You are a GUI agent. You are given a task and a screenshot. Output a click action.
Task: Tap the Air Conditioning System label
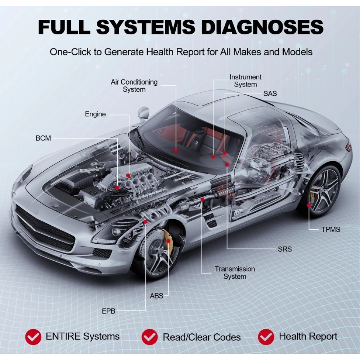tap(134, 85)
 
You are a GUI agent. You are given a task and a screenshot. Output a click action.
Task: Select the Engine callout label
tap(95, 114)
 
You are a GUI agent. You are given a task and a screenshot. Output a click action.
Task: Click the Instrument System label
tap(246, 81)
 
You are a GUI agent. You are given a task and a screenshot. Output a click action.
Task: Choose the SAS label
tap(270, 94)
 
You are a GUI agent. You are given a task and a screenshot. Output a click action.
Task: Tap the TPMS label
tap(330, 229)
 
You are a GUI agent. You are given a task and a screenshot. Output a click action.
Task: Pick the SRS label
tap(284, 249)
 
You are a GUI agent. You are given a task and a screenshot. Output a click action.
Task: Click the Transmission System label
tap(235, 273)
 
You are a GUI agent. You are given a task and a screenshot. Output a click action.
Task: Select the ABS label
tap(156, 296)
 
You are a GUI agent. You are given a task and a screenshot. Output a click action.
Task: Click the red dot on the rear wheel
tap(309, 205)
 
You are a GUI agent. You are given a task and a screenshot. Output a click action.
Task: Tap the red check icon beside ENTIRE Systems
tap(33, 337)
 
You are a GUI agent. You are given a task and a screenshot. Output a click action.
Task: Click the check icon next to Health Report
tap(266, 337)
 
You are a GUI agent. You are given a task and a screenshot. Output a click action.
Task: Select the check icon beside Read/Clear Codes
tap(149, 337)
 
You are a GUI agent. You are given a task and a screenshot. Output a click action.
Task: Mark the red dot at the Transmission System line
tap(202, 199)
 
